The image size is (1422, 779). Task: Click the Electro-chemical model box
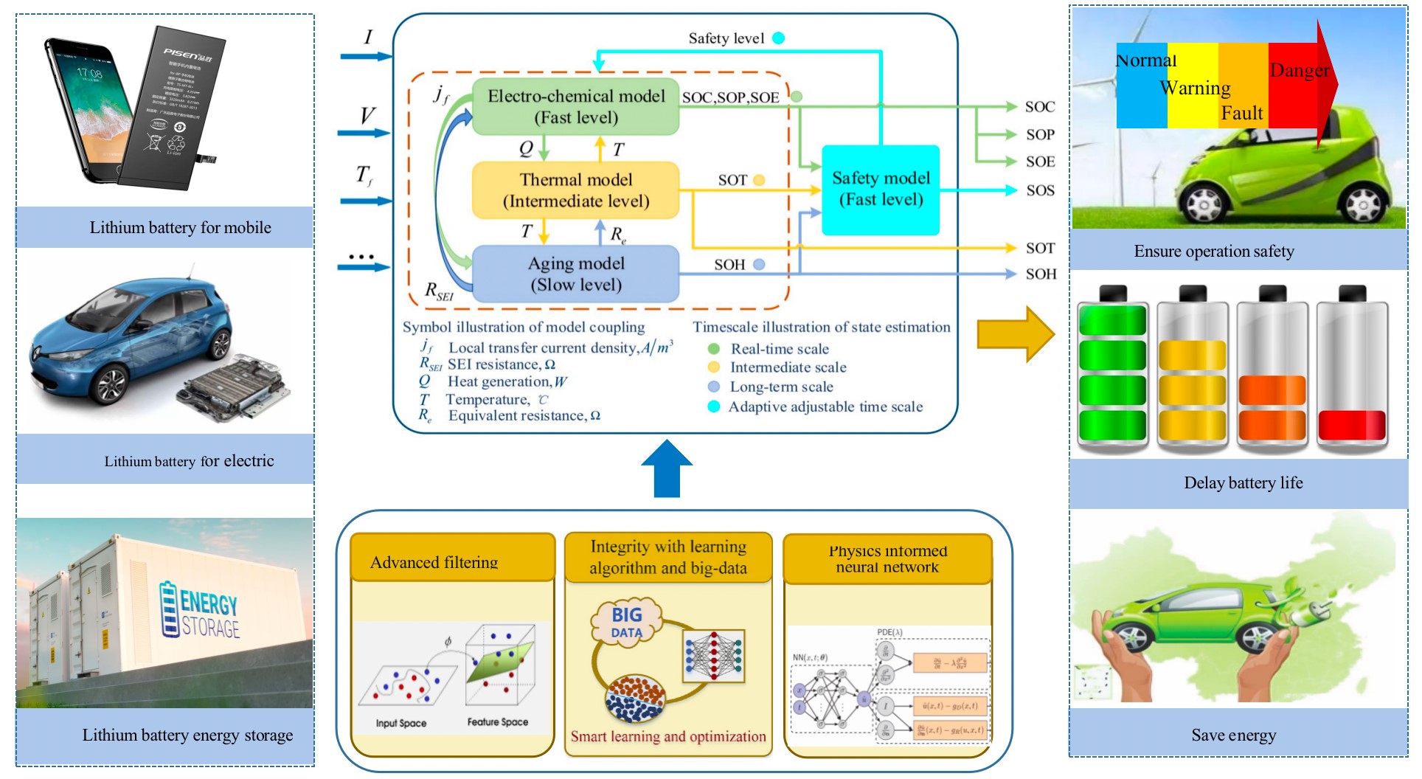tap(575, 107)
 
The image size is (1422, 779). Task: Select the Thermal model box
tap(575, 190)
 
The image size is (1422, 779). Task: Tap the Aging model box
tap(575, 274)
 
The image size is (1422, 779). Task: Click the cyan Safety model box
tap(881, 190)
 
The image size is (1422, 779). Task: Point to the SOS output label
tap(1040, 190)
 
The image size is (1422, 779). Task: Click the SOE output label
tap(1040, 162)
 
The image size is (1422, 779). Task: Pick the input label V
tap(367, 116)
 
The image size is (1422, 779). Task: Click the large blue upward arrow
tap(667, 469)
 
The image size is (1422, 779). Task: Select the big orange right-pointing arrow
tap(1015, 334)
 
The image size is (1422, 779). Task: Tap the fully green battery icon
tap(1112, 369)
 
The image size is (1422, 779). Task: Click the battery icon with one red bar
tap(1352, 369)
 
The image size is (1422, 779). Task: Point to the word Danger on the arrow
tap(1299, 71)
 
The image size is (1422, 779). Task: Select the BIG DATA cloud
tap(627, 622)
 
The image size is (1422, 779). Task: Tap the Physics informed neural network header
tap(887, 558)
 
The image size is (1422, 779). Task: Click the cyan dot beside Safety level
tap(778, 38)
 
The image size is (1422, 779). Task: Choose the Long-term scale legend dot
tap(713, 387)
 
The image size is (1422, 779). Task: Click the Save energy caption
tap(1233, 735)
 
